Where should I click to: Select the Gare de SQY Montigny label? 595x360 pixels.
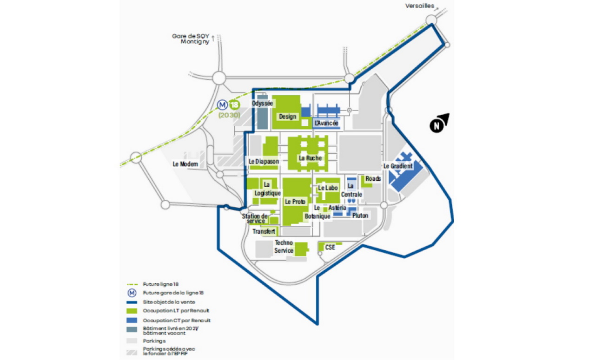pyautogui.click(x=191, y=39)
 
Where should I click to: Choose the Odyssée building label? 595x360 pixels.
pyautogui.click(x=262, y=103)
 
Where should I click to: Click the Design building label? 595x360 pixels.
pyautogui.click(x=288, y=116)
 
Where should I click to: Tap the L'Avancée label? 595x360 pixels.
pyautogui.click(x=326, y=123)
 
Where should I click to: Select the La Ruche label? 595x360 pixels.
pyautogui.click(x=310, y=158)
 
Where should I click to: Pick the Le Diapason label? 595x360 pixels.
pyautogui.click(x=264, y=161)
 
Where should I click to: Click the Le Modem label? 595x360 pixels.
pyautogui.click(x=185, y=164)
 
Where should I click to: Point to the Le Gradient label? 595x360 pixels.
pyautogui.click(x=398, y=166)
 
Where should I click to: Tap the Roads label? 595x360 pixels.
pyautogui.click(x=373, y=178)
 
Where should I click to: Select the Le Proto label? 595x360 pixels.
pyautogui.click(x=295, y=202)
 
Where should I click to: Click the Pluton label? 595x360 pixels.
pyautogui.click(x=360, y=216)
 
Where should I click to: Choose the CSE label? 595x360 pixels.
pyautogui.click(x=330, y=248)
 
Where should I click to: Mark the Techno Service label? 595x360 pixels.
pyautogui.click(x=284, y=247)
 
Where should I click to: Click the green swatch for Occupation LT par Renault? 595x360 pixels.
pyautogui.click(x=132, y=311)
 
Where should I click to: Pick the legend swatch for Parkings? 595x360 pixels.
pyautogui.click(x=132, y=340)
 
